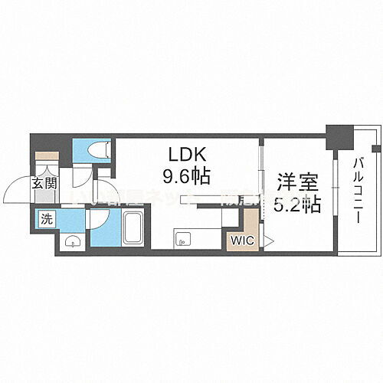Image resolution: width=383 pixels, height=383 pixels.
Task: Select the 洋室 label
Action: pyautogui.click(x=296, y=184)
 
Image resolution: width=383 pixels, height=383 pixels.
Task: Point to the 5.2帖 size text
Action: pyautogui.click(x=296, y=206)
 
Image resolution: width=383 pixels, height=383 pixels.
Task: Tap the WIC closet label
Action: pyautogui.click(x=242, y=240)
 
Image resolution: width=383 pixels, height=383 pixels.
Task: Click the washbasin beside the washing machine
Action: pyautogui.click(x=70, y=241)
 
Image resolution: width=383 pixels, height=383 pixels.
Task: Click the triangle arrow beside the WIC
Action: pyautogui.click(x=267, y=240)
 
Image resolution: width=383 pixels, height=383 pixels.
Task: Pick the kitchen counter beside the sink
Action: pyautogui.click(x=203, y=237)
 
